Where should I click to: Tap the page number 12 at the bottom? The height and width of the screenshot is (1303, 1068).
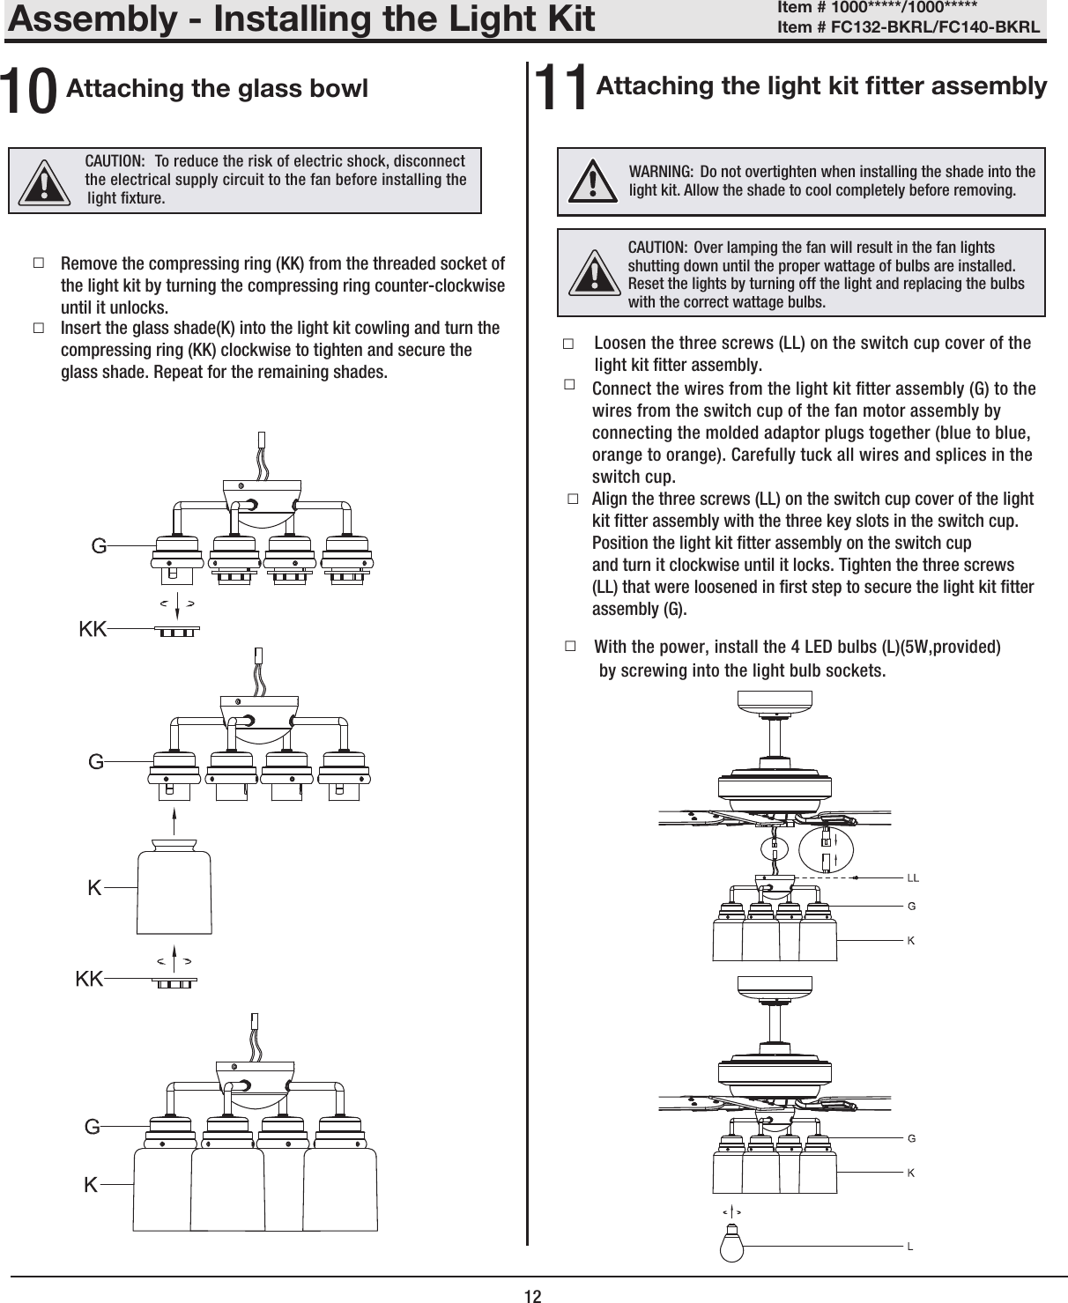coord(532,1295)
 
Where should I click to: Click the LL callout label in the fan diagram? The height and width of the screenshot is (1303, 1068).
coord(913,878)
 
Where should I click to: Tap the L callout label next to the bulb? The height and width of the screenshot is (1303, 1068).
coord(910,1247)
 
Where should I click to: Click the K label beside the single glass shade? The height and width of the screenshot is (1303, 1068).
coord(94,889)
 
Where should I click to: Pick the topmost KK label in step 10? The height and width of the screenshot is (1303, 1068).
coord(93,629)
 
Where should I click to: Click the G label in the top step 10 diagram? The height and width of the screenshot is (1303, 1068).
coord(100,546)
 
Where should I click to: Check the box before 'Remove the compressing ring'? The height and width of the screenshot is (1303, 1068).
coord(38,263)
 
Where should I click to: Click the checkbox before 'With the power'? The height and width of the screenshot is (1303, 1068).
coord(570,647)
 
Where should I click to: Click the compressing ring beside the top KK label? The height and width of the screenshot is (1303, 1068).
coord(177,631)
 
